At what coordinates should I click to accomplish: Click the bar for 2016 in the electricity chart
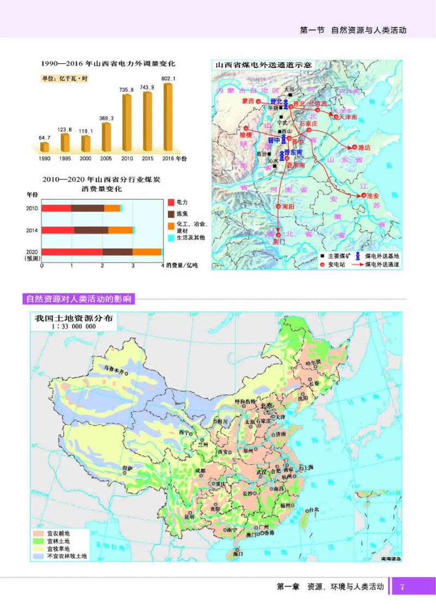tap(168, 118)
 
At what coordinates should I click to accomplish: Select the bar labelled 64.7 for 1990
tap(45, 147)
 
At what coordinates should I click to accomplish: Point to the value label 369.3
tap(106, 118)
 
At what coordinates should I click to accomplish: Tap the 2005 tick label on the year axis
tap(106, 158)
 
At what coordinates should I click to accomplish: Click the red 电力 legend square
tap(171, 202)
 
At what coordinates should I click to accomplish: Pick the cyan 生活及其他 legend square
tap(171, 238)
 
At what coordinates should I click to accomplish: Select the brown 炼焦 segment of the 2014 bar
tap(91, 230)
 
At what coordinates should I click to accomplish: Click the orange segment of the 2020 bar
tap(147, 252)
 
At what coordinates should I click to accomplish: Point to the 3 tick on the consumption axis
tap(132, 265)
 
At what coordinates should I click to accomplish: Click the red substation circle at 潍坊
tap(354, 147)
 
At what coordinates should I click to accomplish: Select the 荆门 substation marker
tap(278, 235)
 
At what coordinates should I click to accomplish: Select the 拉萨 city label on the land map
tap(127, 467)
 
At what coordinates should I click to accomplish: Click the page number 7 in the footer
tap(403, 587)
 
